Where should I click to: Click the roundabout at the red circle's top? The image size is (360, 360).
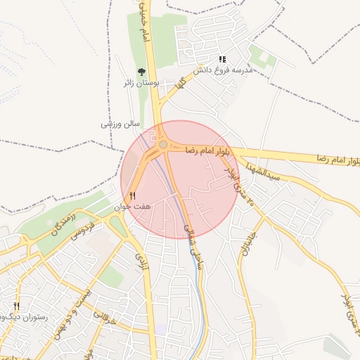tap(163, 144)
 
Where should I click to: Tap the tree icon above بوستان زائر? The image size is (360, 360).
tap(141, 71)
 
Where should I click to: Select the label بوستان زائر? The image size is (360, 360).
tap(144, 83)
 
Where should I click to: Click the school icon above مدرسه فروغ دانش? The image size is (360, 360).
tap(223, 60)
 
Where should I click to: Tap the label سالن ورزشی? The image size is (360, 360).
tap(117, 124)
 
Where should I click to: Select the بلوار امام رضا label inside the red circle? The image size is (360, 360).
tap(209, 150)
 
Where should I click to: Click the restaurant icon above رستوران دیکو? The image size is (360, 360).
tap(16, 307)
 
